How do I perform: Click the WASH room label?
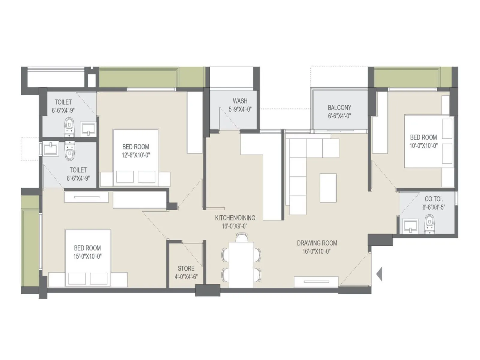tap(240, 101)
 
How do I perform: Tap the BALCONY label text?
tap(339, 107)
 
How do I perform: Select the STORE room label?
tap(186, 268)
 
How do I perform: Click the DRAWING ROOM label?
tap(317, 243)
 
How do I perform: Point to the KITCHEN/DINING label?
tap(235, 218)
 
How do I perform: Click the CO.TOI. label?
tap(433, 199)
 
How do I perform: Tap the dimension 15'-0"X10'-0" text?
tap(88, 256)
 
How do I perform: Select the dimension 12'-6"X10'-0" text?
tap(136, 155)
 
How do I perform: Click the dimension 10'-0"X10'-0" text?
tap(423, 146)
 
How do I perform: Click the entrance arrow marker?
tap(379, 274)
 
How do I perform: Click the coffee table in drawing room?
tap(328, 188)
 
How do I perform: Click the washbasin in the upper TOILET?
tap(88, 129)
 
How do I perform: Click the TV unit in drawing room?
tap(316, 281)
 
